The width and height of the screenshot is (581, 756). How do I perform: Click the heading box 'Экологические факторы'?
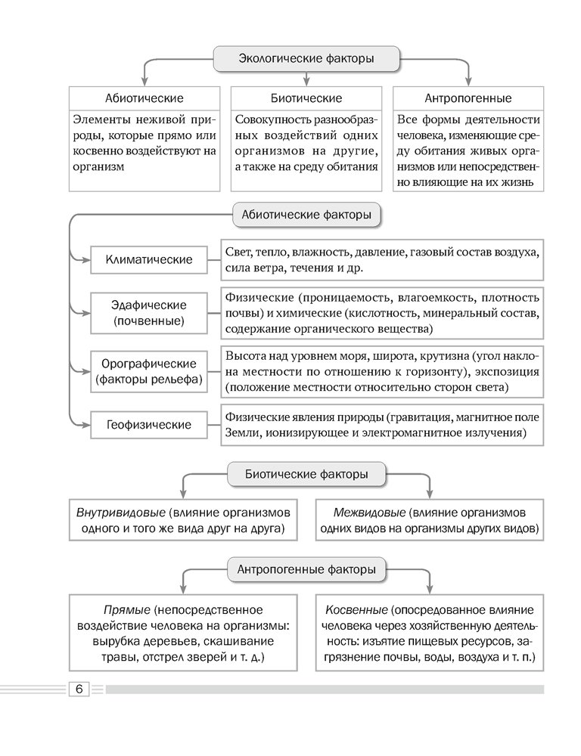coord(306,58)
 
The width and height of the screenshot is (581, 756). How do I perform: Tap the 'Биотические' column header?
coord(306,98)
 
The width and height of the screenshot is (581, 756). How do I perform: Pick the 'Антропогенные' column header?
coord(468,98)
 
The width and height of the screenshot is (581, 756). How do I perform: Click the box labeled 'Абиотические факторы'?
coord(306,215)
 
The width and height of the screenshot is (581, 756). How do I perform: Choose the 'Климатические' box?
coord(149,259)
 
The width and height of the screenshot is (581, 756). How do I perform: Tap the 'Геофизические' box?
coord(149,425)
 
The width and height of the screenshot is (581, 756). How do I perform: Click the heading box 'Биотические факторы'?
coord(307,475)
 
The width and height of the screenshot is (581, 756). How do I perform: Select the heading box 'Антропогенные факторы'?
coord(306,569)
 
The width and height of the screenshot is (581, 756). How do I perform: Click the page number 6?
coord(79,689)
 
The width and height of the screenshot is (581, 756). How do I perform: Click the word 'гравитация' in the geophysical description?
coord(422,417)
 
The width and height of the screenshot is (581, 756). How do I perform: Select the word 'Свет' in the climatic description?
coord(238,252)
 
